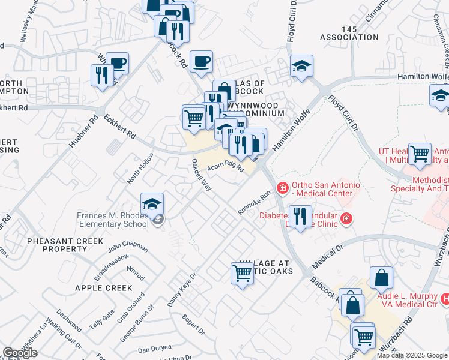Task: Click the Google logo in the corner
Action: coord(20,352)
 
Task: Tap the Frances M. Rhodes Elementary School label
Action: coord(112,220)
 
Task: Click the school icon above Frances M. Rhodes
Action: coord(152,203)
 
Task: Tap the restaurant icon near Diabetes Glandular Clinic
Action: coord(300,215)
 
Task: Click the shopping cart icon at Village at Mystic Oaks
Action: coord(242,274)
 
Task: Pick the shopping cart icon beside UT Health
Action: coord(419,154)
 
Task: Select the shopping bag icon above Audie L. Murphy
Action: coord(382,278)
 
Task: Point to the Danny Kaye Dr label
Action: coord(182,290)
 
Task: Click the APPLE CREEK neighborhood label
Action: coord(103,288)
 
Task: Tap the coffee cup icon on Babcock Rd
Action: coord(201,61)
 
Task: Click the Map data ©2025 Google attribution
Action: coord(411,355)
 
